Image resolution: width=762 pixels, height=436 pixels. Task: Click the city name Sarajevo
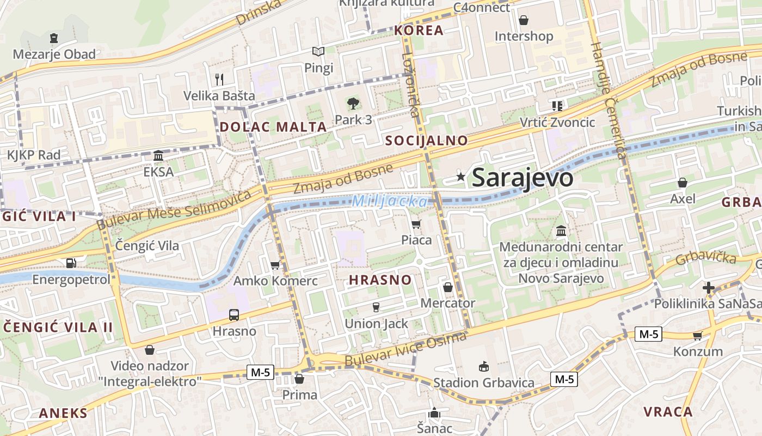tap(523, 178)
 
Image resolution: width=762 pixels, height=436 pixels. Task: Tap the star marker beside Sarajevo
tap(461, 176)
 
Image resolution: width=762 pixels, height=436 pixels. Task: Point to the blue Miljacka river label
tap(390, 202)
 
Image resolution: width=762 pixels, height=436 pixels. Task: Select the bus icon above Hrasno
tap(234, 314)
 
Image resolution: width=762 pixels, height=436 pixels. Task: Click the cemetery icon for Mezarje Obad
tap(54, 38)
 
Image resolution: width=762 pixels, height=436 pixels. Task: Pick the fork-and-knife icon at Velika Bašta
tap(219, 79)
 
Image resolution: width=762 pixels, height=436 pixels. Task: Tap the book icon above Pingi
tap(318, 52)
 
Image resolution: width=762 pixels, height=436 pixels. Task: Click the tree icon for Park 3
tap(353, 102)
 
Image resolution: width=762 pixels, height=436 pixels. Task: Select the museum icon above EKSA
tap(158, 156)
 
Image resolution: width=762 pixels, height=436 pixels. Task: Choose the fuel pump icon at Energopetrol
tap(71, 263)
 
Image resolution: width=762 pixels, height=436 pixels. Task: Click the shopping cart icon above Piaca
tap(416, 224)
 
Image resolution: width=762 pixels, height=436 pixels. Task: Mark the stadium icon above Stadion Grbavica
tap(483, 366)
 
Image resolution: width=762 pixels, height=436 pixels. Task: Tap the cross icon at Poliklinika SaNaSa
tap(709, 287)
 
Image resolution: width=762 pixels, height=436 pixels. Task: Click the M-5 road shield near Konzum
tap(648, 334)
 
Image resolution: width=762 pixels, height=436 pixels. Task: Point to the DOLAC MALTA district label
tap(273, 127)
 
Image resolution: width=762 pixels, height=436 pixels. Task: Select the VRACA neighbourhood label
tap(668, 411)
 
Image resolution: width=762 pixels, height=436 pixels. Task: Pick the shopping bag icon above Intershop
tap(524, 20)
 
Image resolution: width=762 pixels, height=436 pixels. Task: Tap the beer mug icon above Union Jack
tap(376, 307)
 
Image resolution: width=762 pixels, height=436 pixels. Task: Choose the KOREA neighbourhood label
tap(419, 31)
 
